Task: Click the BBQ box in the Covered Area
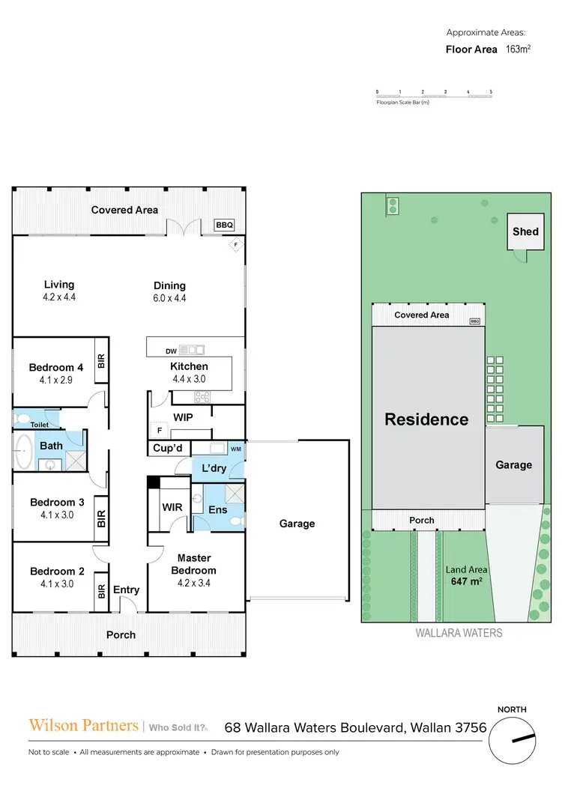[224, 225]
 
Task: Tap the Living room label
[59, 285]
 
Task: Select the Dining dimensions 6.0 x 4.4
[169, 298]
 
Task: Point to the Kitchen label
[189, 366]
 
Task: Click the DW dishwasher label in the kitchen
[172, 351]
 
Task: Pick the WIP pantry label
[183, 417]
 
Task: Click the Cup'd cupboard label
[168, 448]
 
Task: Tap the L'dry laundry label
[214, 468]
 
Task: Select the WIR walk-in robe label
[172, 507]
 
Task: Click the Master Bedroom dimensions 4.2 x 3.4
[193, 583]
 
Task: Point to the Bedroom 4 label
[55, 367]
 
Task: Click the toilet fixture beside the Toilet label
[22, 418]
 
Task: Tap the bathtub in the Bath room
[23, 450]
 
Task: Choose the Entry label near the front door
[126, 590]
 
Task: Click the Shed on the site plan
[525, 231]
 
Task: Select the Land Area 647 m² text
[466, 576]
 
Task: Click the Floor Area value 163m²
[518, 49]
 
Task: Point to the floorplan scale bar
[435, 94]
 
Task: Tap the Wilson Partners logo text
[84, 725]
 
